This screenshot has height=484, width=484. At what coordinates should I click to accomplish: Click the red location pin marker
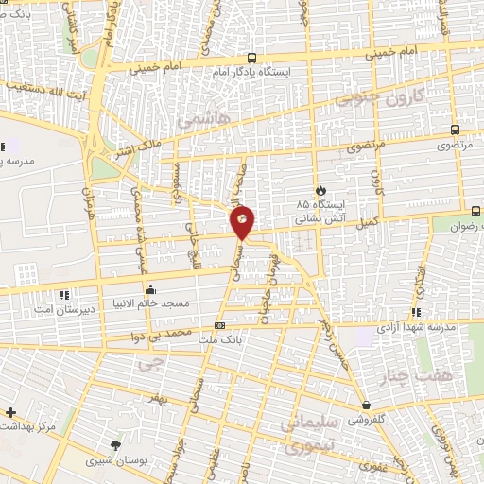click(x=243, y=222)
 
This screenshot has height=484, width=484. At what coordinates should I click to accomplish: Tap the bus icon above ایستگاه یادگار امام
click(x=250, y=57)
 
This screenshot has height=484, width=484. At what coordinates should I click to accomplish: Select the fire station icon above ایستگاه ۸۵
click(x=320, y=190)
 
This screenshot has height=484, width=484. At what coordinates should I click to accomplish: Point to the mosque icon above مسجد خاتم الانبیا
click(x=149, y=289)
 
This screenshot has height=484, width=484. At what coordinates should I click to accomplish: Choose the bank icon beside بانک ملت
click(x=219, y=326)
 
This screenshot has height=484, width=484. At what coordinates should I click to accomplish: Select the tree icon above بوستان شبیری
click(x=116, y=446)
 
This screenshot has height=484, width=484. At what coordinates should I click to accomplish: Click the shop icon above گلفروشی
click(x=366, y=406)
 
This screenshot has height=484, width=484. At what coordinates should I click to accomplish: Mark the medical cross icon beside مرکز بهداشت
click(x=10, y=413)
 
